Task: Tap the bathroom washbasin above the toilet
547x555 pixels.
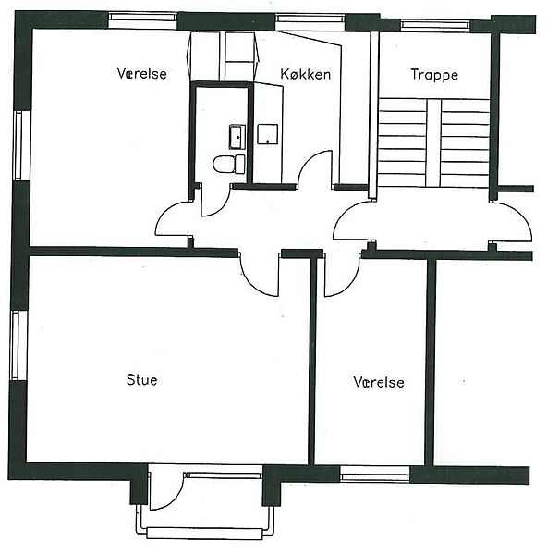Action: click(x=237, y=137)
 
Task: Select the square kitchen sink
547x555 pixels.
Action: click(x=267, y=134)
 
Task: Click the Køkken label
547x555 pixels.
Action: click(x=306, y=74)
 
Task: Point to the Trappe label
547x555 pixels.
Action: click(x=434, y=75)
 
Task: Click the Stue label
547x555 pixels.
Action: click(x=141, y=380)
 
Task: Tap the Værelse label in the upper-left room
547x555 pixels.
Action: click(x=141, y=73)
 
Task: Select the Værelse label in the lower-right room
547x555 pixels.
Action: click(x=379, y=382)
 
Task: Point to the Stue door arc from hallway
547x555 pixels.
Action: click(x=254, y=283)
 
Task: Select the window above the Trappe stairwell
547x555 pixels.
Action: click(x=435, y=26)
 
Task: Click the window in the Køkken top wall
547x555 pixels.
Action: click(x=310, y=22)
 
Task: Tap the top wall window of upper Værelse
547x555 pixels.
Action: click(x=142, y=20)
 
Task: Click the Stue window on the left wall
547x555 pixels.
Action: click(x=18, y=345)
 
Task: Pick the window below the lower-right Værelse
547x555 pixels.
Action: click(x=375, y=474)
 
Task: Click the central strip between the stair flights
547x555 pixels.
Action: click(x=433, y=143)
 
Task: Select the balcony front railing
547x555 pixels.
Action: click(x=204, y=534)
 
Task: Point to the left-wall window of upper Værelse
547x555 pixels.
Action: click(x=22, y=146)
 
